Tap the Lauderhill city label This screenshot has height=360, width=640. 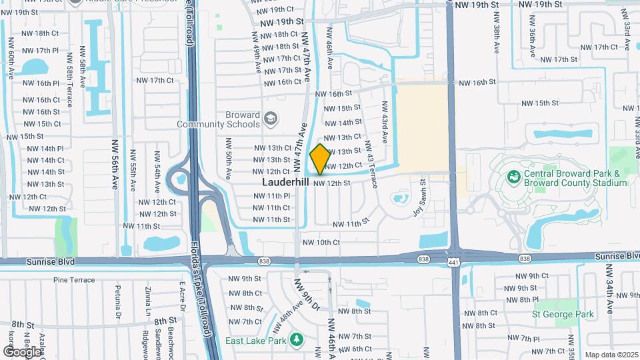pyautogui.click(x=285, y=181)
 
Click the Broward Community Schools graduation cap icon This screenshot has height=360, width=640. pyautogui.click(x=270, y=119)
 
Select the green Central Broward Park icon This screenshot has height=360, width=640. pyautogui.click(x=513, y=177)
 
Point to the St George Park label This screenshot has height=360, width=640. pyautogui.click(x=562, y=313)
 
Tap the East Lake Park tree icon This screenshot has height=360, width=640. pyautogui.click(x=297, y=340)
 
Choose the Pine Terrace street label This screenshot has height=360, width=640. pyautogui.click(x=74, y=280)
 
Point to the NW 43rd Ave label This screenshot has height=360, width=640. pyautogui.click(x=385, y=122)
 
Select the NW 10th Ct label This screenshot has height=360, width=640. pyautogui.click(x=321, y=243)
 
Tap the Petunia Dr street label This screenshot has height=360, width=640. pyautogui.click(x=118, y=300)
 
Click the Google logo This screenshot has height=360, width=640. pyautogui.click(x=22, y=351)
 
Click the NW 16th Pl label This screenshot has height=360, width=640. pyautogui.click(x=45, y=83)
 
